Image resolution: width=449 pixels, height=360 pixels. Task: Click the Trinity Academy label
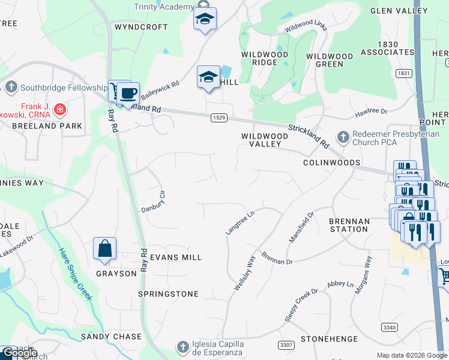164,6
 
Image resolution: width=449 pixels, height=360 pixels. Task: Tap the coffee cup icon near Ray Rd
128,94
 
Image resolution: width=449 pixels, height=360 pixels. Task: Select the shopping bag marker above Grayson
104,248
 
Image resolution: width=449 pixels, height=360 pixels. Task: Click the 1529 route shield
218,118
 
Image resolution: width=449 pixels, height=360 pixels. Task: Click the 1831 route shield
403,73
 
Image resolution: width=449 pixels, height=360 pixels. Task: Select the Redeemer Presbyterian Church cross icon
343,137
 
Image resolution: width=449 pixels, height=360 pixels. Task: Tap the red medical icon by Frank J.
59,109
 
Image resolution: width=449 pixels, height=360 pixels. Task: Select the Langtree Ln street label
240,221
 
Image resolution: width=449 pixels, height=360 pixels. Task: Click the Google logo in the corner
20,353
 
